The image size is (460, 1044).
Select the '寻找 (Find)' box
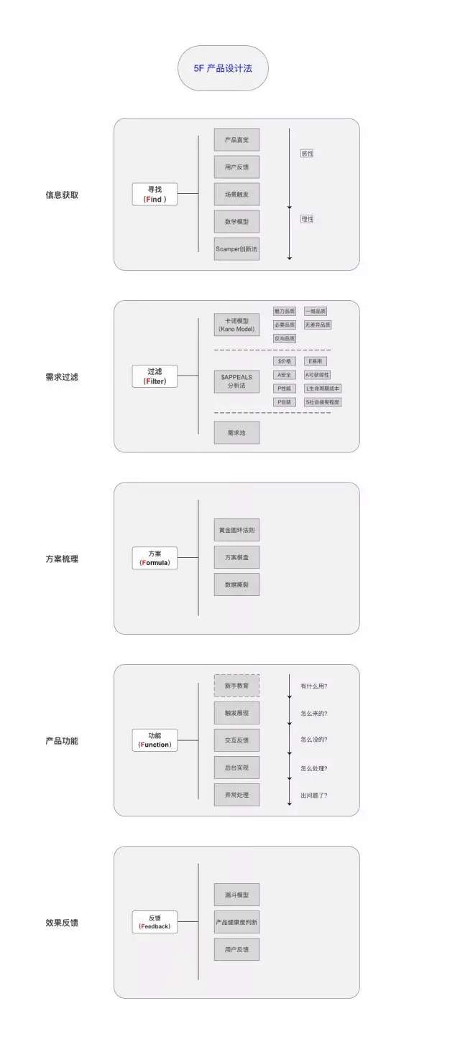[155, 194]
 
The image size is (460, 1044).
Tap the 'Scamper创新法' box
[236, 248]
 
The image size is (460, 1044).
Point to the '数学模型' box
[236, 221]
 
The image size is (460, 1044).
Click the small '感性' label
[307, 153]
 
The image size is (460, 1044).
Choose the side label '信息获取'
[62, 195]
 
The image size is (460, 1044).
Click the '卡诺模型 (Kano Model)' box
[236, 325]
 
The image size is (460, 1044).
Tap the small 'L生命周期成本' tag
[323, 388]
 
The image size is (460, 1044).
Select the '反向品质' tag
[285, 338]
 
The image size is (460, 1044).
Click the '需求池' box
[236, 433]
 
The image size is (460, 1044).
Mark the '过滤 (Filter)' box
[155, 376]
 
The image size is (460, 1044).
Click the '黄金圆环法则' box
[236, 531]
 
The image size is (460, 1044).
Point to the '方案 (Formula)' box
[155, 558]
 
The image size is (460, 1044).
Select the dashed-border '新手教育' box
[236, 686]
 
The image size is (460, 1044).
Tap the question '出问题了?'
[318, 795]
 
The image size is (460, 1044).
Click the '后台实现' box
[236, 768]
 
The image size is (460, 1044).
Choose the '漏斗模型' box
[236, 895]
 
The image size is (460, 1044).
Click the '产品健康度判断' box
[236, 922]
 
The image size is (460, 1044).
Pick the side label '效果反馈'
[62, 923]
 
